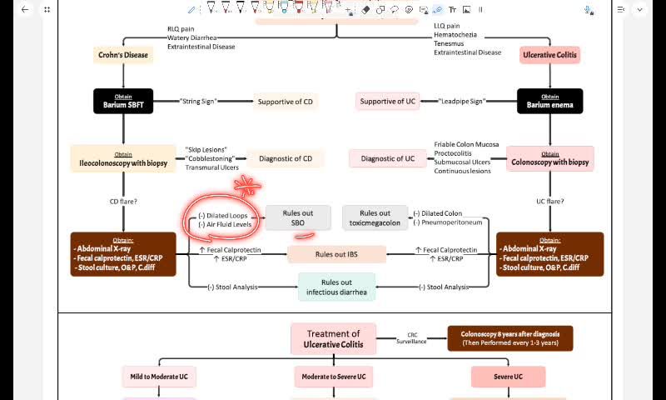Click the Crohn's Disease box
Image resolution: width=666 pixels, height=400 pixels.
pos(123,55)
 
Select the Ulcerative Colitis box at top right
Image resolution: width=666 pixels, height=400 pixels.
pos(550,55)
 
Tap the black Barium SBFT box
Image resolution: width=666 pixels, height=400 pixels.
pos(123,101)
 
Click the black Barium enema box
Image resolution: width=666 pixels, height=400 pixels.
pos(550,101)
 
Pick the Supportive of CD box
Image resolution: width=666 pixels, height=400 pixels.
pos(286,102)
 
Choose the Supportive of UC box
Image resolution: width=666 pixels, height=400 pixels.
pos(387,102)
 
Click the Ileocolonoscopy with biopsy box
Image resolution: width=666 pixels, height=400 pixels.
pos(123,158)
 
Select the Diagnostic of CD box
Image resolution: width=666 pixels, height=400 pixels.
pos(286,158)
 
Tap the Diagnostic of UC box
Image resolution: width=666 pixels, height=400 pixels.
pos(387,158)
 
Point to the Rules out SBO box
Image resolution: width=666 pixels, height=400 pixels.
pos(298,217)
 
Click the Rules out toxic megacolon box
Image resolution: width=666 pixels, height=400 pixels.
pos(375,217)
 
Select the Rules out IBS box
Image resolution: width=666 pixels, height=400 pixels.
pos(336,254)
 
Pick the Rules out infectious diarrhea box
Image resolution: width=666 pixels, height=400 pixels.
pos(336,287)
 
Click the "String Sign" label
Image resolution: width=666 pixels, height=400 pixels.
pos(198,102)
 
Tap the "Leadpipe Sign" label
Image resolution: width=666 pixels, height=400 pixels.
pos(462,102)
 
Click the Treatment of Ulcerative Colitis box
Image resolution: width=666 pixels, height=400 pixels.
pos(333,338)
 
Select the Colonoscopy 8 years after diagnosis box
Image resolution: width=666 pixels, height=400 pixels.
pos(510,338)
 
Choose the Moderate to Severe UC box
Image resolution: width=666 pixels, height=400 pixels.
pos(333,377)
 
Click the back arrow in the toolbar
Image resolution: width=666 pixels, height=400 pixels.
pos(25,9)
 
